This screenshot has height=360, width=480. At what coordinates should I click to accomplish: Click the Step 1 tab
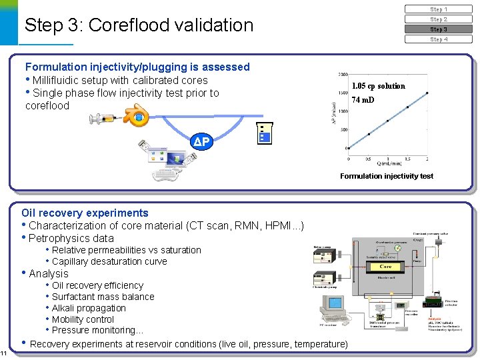pyautogui.click(x=438, y=9)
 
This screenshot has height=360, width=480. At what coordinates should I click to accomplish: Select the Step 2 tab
pyautogui.click(x=438, y=19)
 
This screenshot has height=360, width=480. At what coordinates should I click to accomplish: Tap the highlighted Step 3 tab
pyautogui.click(x=438, y=29)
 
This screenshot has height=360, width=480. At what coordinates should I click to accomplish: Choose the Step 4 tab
pyautogui.click(x=438, y=39)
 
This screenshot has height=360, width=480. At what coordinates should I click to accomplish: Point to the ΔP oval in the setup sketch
pyautogui.click(x=202, y=142)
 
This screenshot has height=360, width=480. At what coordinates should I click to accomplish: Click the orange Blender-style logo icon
pyautogui.click(x=137, y=117)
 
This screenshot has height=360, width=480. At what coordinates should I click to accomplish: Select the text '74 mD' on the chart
pyautogui.click(x=363, y=100)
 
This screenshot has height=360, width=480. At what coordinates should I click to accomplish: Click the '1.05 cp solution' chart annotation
pyautogui.click(x=378, y=86)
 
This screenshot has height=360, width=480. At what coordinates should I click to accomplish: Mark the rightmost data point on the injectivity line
pyautogui.click(x=427, y=93)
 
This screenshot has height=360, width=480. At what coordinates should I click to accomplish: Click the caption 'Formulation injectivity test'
pyautogui.click(x=386, y=176)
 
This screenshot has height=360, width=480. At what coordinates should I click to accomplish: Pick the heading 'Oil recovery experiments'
pyautogui.click(x=85, y=213)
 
